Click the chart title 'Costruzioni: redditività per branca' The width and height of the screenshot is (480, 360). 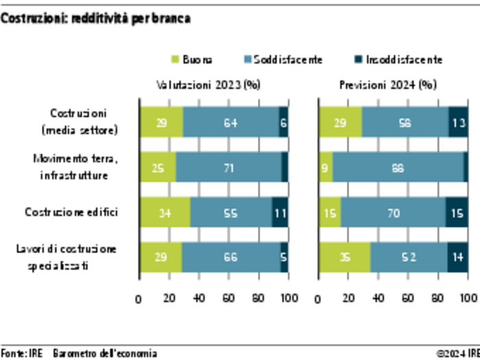click(95, 19)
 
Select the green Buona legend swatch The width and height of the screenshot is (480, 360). click(174, 60)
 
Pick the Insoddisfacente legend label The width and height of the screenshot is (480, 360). click(405, 60)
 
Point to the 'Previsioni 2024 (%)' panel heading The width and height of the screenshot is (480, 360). click(387, 86)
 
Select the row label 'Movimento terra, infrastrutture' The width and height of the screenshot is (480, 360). click(75, 167)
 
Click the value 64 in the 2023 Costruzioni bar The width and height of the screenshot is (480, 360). click(230, 122)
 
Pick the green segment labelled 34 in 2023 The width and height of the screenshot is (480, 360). click(165, 213)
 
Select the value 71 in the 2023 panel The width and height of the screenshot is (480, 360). click(228, 167)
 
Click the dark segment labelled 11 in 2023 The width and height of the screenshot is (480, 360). click(280, 213)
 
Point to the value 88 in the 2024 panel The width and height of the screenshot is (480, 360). click(398, 167)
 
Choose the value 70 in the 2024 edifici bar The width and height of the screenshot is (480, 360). click(393, 213)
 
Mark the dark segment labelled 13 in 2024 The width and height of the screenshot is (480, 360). click(458, 122)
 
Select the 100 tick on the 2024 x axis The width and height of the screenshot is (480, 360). click(468, 300)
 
